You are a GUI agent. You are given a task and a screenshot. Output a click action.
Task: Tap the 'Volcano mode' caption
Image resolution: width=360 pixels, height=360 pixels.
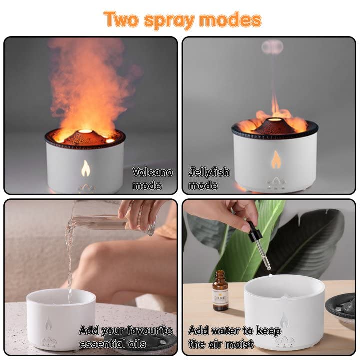[x=152, y=179]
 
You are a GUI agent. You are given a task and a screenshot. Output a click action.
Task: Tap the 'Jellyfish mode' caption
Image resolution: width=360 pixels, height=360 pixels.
[x=209, y=179]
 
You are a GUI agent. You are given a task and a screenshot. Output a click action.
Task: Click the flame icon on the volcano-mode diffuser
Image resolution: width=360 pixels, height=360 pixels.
[x=85, y=169]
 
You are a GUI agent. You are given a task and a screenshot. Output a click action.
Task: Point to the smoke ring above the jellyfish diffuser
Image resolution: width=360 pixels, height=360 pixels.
[x=273, y=47]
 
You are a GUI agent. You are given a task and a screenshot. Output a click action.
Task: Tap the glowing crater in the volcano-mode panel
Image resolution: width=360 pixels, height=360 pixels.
[x=85, y=132]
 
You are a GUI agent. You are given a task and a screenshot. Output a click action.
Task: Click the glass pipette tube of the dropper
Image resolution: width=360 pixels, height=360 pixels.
[x=263, y=255]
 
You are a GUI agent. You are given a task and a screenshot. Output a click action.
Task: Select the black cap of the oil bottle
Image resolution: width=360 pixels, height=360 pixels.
[x=220, y=274]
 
